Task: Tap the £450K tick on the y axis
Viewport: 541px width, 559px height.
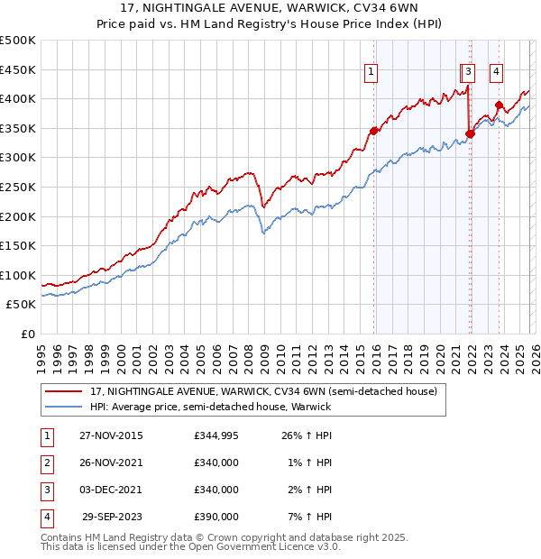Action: pos(18,69)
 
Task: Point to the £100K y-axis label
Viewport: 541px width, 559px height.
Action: pos(18,275)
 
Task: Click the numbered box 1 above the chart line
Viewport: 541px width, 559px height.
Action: pos(371,74)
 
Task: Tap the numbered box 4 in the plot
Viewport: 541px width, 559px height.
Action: pos(496,74)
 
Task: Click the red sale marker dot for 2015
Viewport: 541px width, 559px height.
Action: pos(373,131)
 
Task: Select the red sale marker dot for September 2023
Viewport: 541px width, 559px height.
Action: pos(499,105)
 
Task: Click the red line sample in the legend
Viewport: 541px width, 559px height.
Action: pos(64,391)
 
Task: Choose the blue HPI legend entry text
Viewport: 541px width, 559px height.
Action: pos(210,407)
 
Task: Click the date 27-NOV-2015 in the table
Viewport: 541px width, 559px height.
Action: pos(110,436)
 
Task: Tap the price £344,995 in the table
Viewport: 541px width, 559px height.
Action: pos(216,436)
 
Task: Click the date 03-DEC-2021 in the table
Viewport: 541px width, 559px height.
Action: pos(110,490)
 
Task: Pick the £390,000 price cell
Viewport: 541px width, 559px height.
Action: pos(216,518)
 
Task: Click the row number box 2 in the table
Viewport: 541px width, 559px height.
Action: pos(45,463)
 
